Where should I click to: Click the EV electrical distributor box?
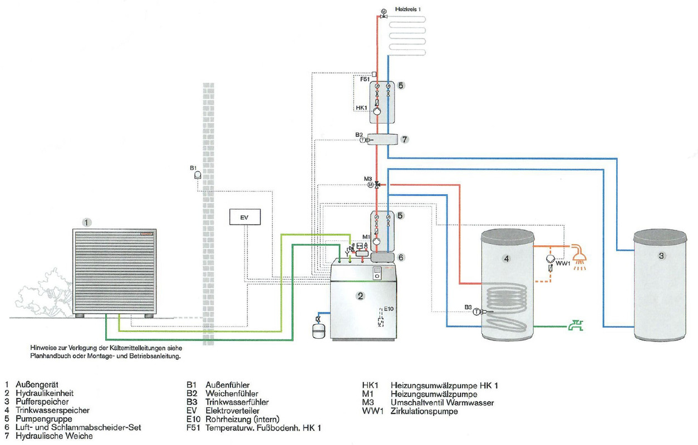[x=244, y=217]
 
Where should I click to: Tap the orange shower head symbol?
[x=579, y=255]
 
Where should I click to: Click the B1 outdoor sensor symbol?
[x=197, y=175]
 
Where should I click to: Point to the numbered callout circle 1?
[x=86, y=222]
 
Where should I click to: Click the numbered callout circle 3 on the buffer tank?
[x=661, y=256]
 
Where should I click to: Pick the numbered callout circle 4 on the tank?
[x=506, y=258]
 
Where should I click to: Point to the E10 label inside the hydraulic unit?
[x=388, y=309]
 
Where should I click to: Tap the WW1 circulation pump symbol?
[x=550, y=259]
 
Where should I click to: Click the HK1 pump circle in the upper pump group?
[x=377, y=111]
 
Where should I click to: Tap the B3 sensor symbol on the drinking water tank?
[x=477, y=312]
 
